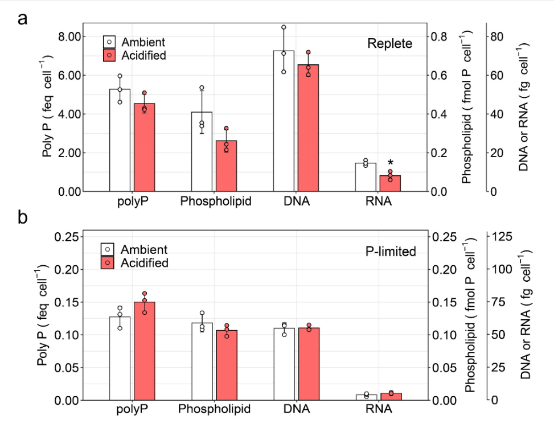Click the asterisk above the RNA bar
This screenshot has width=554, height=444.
click(x=391, y=163)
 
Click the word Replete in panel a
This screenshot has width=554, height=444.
click(x=389, y=43)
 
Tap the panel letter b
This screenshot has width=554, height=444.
click(x=23, y=218)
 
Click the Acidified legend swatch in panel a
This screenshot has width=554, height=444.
click(x=109, y=55)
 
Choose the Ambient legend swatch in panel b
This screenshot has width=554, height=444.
click(x=108, y=249)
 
